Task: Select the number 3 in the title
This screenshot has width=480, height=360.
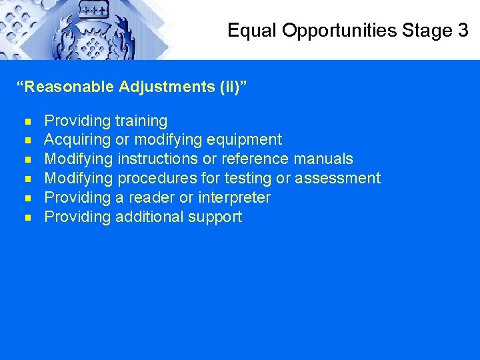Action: pos(463,30)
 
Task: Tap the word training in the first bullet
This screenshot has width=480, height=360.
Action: pos(141,121)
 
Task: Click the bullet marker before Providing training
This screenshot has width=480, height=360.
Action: pos(27,121)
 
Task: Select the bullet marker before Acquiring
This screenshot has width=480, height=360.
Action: pos(27,140)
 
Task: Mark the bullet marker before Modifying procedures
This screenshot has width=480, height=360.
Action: pos(27,179)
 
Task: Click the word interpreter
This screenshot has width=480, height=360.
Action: pos(234,198)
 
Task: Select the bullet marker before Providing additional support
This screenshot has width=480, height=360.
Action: pos(27,217)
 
